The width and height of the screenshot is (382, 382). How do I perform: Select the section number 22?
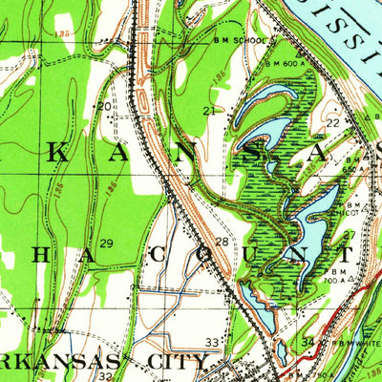(x=332, y=123)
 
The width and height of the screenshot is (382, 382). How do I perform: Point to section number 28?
(x=222, y=243)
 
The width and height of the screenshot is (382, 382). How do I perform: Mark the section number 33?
(x=212, y=342)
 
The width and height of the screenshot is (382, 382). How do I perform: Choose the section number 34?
(x=308, y=342)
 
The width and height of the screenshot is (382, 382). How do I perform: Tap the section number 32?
(x=105, y=375)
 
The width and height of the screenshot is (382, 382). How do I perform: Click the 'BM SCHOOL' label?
(x=243, y=42)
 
